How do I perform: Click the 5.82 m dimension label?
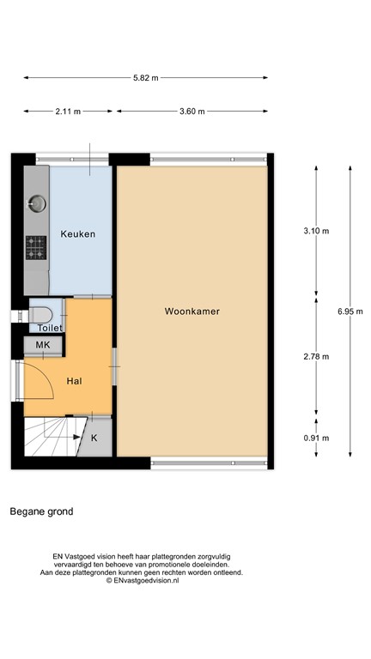click(146, 77)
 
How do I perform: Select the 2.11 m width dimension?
click(68, 112)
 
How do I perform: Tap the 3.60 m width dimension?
click(193, 112)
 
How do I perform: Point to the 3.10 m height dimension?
click(316, 231)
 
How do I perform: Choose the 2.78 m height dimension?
click(316, 357)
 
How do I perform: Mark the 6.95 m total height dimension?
click(350, 311)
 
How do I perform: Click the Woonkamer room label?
click(192, 312)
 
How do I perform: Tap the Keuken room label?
click(77, 234)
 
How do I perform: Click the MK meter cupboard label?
click(41, 346)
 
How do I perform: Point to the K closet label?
click(94, 437)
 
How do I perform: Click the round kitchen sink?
click(37, 203)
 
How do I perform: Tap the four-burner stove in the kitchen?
click(36, 248)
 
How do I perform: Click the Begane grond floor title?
click(41, 512)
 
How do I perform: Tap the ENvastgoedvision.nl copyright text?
click(143, 581)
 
